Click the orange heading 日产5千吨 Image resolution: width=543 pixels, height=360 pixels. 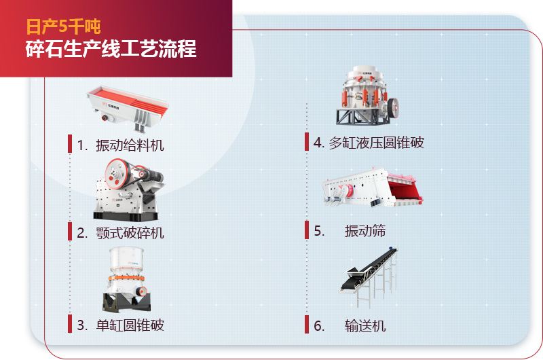[x=63, y=26]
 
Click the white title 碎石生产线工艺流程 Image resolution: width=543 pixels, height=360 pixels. [x=111, y=50]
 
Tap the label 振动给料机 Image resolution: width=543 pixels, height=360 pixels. [x=130, y=145]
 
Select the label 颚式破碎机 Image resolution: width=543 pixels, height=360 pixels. [x=130, y=233]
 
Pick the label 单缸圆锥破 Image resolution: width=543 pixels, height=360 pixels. [x=130, y=325]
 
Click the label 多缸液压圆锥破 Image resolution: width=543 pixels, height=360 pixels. [x=376, y=143]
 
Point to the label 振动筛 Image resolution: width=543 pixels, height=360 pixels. [x=365, y=231]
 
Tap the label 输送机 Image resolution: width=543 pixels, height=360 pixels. [x=365, y=326]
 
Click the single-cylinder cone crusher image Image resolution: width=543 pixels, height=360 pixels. [x=126, y=278]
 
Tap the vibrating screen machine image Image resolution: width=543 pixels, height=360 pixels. [x=372, y=187]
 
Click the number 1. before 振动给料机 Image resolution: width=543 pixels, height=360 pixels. [x=83, y=145]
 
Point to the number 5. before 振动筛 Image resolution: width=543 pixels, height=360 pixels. [x=320, y=231]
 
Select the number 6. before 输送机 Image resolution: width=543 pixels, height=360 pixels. [x=320, y=326]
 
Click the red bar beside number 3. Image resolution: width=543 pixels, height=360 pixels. [x=69, y=324]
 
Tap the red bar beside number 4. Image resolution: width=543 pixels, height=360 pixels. [x=307, y=143]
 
